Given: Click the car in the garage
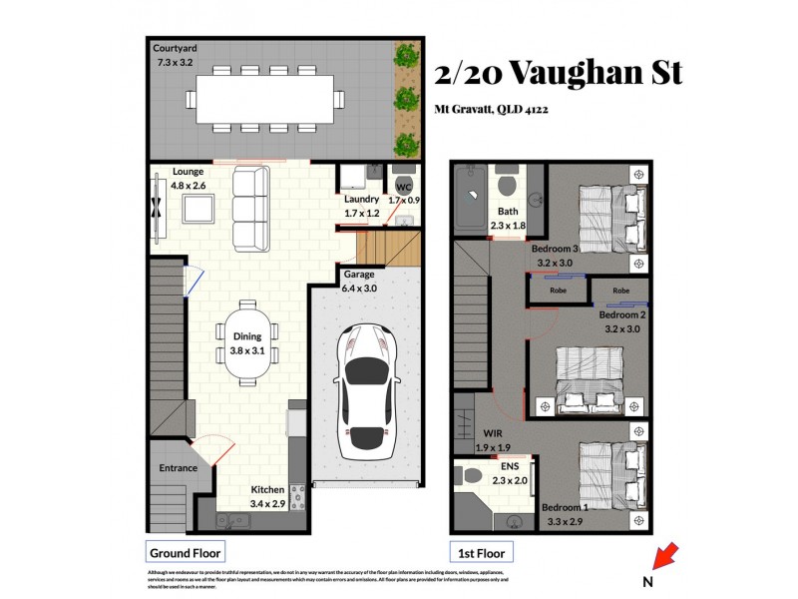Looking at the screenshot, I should click(x=366, y=392).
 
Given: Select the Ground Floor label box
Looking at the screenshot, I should click(x=185, y=552).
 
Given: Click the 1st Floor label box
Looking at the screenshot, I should click(x=481, y=552).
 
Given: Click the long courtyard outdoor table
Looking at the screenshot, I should click(x=264, y=99).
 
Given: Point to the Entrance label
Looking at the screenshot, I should click(x=178, y=467).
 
